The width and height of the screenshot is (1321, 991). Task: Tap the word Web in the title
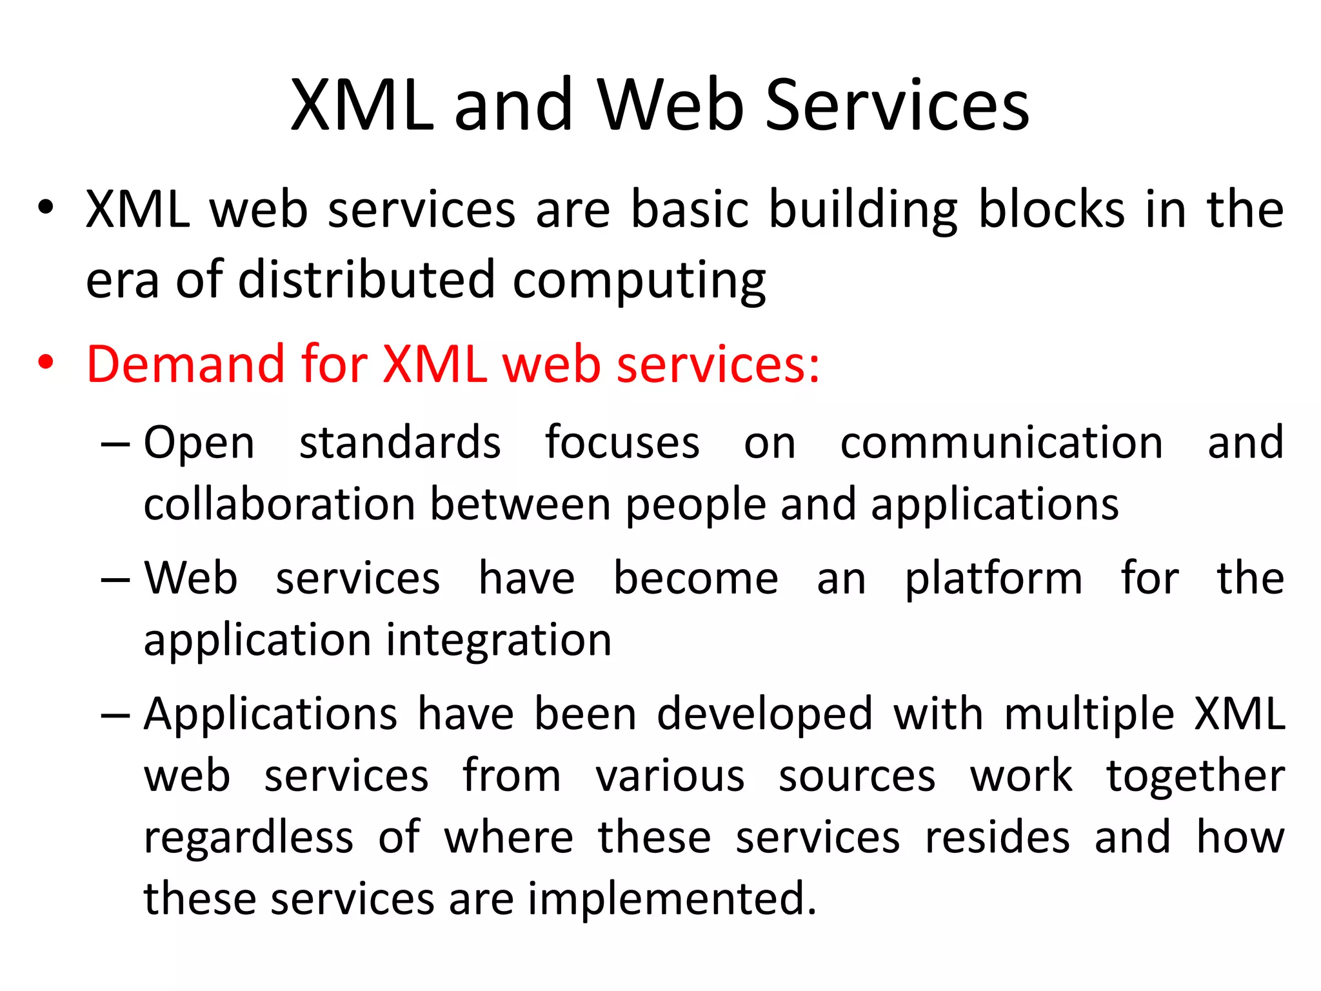(670, 105)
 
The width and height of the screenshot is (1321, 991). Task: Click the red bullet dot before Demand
(45, 363)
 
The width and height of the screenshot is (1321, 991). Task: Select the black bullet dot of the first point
(45, 208)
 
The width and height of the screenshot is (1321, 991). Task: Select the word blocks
(1051, 209)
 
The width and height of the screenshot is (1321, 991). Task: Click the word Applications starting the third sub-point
(270, 715)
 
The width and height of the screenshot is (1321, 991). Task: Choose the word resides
(997, 837)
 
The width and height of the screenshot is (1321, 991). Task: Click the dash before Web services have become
(115, 579)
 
